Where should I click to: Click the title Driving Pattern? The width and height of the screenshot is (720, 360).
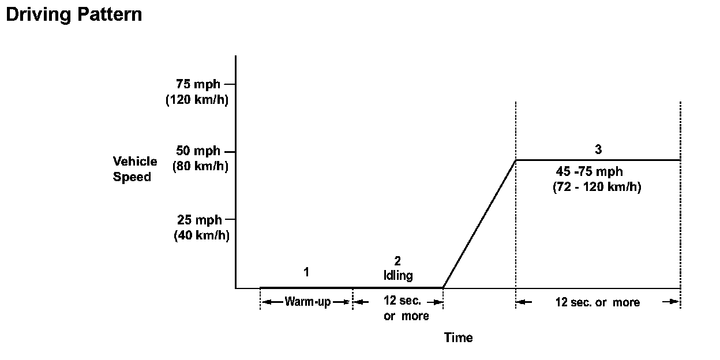tap(74, 14)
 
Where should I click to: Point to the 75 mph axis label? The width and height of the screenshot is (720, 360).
tap(198, 84)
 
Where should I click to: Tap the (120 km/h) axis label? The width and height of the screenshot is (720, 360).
tap(197, 100)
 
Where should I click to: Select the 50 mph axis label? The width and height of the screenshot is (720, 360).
tap(198, 151)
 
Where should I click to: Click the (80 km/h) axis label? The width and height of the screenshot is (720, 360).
tap(200, 167)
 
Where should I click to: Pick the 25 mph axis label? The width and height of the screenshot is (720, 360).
tap(200, 220)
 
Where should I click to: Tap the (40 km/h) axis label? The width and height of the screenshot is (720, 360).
tap(201, 235)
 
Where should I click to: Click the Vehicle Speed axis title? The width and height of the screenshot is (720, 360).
tap(135, 169)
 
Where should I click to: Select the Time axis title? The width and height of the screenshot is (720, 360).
tap(458, 337)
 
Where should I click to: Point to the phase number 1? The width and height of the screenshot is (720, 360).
tap(306, 271)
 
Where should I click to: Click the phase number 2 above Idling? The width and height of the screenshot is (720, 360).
tap(397, 261)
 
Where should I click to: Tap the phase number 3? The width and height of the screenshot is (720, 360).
tap(598, 149)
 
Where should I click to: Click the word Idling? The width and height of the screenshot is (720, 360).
tap(398, 275)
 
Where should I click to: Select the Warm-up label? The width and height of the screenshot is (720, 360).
tap(307, 302)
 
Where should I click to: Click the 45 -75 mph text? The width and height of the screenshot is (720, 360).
tap(589, 172)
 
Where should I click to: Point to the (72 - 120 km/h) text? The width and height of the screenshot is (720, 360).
tap(597, 187)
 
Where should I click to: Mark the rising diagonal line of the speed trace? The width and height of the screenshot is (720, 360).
tap(479, 224)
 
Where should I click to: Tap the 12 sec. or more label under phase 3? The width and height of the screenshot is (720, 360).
tap(597, 302)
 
